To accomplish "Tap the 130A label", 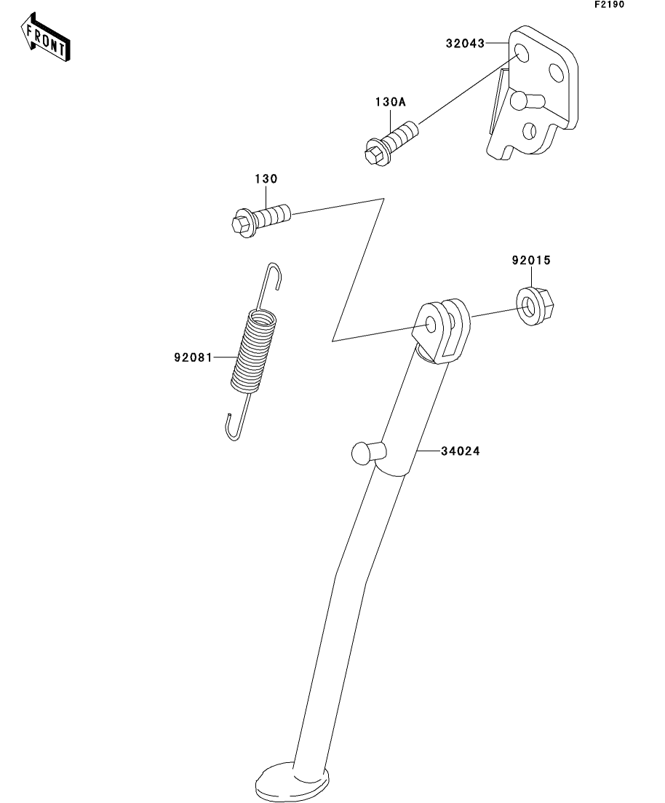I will [390, 103].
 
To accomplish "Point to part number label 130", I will [266, 178].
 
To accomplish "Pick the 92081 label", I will [193, 357].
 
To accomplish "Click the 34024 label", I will [460, 451].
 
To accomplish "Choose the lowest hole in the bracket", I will [528, 131].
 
